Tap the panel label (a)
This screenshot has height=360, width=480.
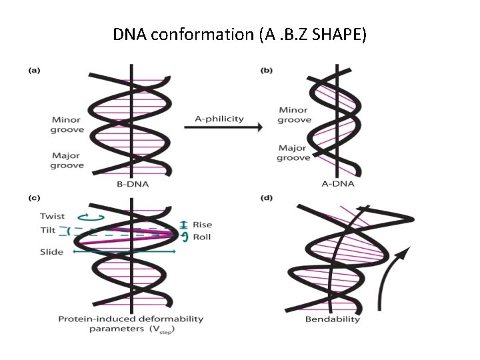point(34,71)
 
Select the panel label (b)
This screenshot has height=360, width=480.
point(266,71)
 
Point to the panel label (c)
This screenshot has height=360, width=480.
point(34,198)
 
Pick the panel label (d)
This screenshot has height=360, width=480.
point(266,198)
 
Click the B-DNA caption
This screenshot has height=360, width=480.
point(133,184)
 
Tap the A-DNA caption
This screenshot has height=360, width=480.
point(338,184)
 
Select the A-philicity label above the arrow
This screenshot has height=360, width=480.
point(219,119)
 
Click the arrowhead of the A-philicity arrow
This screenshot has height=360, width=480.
point(260,127)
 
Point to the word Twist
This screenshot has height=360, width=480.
point(53,216)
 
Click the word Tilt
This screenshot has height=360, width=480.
point(48,230)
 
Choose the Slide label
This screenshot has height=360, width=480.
point(51,252)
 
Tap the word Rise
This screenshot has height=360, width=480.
point(203,225)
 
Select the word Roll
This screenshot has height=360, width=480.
point(202,237)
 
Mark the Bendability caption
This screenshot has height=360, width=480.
point(333,319)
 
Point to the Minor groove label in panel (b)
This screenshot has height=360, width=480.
point(294,115)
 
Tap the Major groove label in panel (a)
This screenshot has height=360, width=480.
point(67,161)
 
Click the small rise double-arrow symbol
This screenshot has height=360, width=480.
point(183,225)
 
